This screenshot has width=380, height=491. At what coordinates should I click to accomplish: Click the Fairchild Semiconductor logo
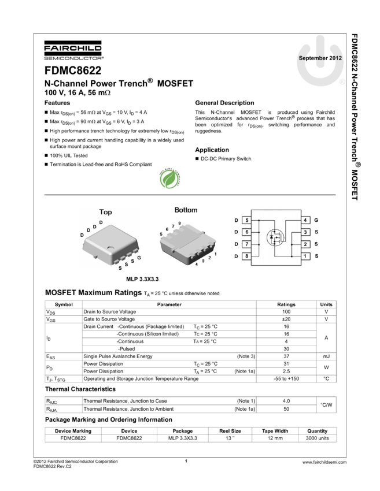point(73,50)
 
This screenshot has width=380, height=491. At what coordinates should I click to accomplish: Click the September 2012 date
point(320,58)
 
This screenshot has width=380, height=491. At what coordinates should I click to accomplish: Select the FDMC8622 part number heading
point(73,70)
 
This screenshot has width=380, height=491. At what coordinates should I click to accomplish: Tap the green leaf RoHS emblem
point(170,178)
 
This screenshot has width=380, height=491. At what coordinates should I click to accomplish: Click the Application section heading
point(212,150)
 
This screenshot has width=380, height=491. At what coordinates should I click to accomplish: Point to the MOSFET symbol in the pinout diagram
point(275,237)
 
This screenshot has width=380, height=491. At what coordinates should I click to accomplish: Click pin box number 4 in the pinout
point(305,220)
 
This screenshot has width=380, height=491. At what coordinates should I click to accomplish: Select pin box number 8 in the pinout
point(247,256)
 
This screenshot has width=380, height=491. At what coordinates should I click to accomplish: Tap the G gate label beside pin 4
point(316,220)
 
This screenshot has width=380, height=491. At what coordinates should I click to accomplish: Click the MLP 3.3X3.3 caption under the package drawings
point(142,279)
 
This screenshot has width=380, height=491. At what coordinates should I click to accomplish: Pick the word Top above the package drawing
point(105,212)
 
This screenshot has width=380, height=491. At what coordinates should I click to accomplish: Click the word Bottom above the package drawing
point(186,210)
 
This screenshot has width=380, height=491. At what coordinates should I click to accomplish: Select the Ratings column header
point(286,304)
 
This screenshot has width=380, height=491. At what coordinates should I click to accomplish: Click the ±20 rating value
point(286,319)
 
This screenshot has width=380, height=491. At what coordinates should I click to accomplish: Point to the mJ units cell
point(326,356)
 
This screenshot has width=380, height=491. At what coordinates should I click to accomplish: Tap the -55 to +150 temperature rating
point(286,378)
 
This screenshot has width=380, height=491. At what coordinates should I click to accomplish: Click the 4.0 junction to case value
point(286,401)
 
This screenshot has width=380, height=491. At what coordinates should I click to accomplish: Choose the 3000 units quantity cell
point(318,438)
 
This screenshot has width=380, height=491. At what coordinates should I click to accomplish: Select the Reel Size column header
point(230,431)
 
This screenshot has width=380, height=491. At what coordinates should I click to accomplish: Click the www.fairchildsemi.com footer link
point(324,462)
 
